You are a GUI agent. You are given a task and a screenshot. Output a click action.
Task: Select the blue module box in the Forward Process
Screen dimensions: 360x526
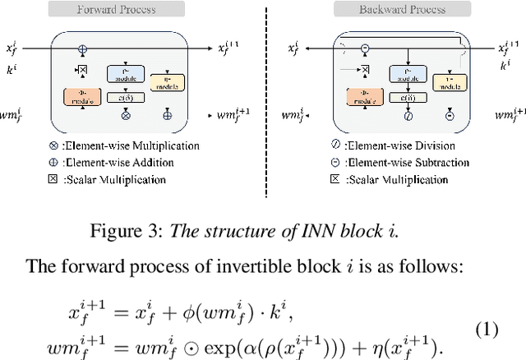click(126, 74)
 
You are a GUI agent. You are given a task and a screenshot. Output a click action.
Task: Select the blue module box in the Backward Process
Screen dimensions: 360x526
click(404, 73)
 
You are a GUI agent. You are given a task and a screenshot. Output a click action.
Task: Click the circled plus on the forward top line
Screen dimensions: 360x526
click(82, 48)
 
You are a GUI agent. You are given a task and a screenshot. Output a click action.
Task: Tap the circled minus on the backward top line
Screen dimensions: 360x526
click(365, 48)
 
